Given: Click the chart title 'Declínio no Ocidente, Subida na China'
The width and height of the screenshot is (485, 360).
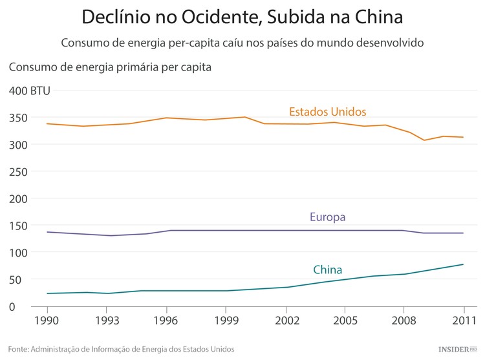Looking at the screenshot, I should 242,16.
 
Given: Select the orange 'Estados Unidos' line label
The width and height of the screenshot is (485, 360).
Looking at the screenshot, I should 327,111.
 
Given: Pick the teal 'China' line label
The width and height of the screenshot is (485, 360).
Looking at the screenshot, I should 327,270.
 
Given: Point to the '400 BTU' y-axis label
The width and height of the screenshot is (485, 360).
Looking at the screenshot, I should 29,91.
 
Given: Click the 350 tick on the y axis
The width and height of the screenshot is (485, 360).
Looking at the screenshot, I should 17,118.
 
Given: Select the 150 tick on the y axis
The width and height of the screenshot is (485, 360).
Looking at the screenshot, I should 17,226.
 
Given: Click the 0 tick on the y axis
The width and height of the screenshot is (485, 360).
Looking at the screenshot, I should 12,306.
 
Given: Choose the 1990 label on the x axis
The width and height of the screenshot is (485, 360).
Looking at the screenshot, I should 46,320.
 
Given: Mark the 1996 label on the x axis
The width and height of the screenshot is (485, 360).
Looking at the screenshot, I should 166,320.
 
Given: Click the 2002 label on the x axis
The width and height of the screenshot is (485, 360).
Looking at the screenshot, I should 286,320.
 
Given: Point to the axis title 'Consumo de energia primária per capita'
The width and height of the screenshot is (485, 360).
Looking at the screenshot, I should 111,66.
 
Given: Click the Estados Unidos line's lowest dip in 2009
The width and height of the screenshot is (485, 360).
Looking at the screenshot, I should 424,140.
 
